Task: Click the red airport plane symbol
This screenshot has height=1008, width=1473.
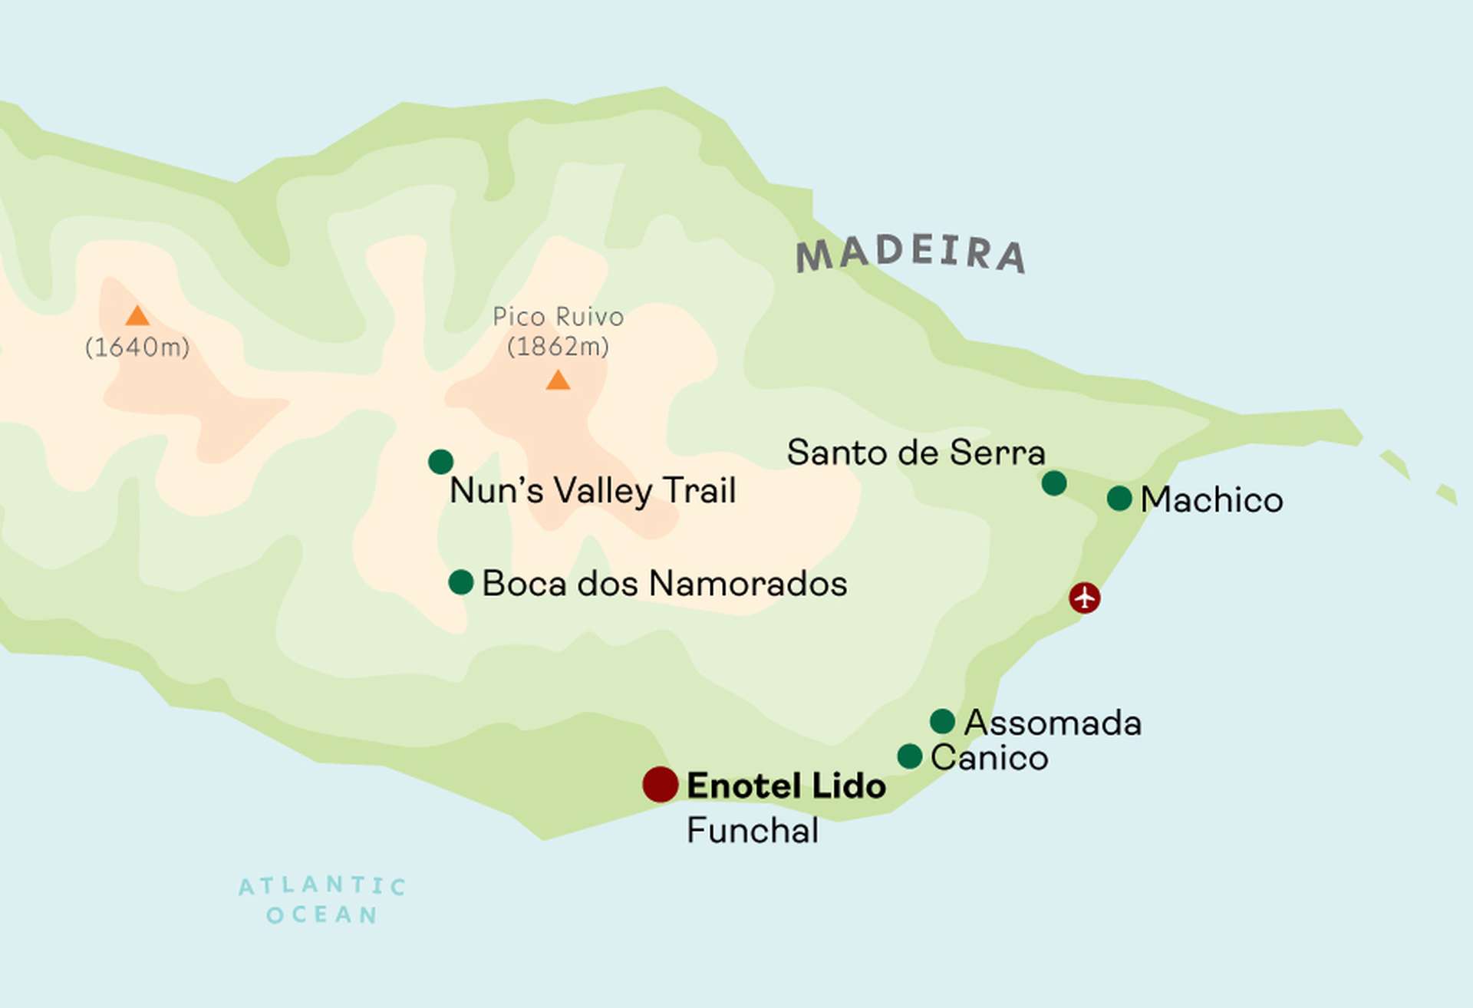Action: click(1084, 598)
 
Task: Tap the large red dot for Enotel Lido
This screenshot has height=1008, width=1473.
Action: click(660, 784)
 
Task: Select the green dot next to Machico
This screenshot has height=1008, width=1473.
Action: click(1119, 499)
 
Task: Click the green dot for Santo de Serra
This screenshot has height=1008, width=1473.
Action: click(1054, 483)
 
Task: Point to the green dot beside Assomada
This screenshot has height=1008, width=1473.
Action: click(942, 721)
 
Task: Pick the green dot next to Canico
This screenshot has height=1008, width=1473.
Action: click(909, 756)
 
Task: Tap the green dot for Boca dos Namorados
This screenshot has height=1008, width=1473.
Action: click(460, 582)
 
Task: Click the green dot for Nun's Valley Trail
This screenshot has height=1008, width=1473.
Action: click(440, 462)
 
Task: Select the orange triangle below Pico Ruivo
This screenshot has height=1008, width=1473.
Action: click(558, 380)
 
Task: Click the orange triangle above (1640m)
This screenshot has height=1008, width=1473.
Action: click(137, 316)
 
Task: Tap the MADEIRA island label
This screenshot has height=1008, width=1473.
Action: click(911, 254)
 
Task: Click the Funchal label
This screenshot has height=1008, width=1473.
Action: click(752, 831)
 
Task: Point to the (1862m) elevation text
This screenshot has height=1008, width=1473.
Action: click(558, 347)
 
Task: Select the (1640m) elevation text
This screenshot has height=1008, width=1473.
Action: click(137, 348)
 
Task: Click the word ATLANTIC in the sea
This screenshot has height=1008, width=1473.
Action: click(322, 886)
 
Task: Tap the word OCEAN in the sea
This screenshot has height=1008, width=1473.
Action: click(322, 915)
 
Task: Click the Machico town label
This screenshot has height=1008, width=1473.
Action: click(1211, 500)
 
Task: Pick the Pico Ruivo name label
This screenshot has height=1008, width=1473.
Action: click(558, 316)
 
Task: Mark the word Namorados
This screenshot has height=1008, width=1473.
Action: click(748, 584)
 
